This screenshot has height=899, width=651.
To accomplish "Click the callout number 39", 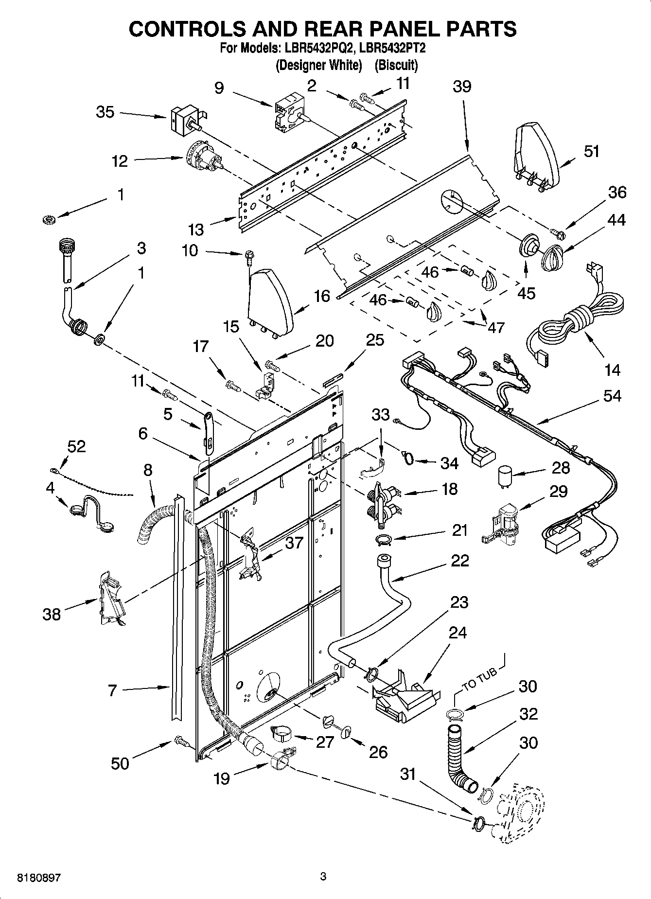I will coord(462,87).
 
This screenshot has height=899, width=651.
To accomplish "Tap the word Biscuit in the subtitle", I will coord(396,65).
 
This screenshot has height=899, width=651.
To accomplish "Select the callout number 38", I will coord(52,614).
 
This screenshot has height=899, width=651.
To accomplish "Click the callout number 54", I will coord(612,396).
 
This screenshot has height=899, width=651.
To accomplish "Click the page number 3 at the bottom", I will coord(323,877).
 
